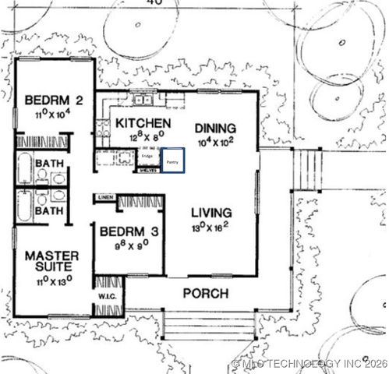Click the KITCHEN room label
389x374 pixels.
coord(143,123)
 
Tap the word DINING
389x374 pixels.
coord(215,128)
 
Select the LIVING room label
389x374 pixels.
coord(211,213)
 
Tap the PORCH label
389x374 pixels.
coord(205,294)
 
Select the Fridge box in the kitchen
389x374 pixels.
coord(147,157)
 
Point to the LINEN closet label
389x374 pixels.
coord(104,199)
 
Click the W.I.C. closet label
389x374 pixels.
coord(107,295)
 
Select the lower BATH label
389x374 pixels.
coord(50,211)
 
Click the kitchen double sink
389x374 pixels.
coord(142,99)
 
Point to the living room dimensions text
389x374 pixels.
coord(211,228)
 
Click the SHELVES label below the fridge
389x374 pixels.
coord(147,169)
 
